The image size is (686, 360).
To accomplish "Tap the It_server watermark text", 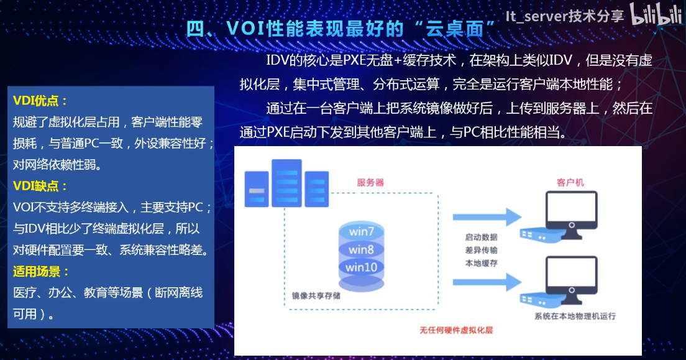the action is coord(564,16).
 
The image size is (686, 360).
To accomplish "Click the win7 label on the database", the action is coord(362,231).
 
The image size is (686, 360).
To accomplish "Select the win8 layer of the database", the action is coord(362,249).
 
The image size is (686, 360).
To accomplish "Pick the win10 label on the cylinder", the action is coord(362,267).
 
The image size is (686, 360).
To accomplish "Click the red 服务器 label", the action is coord(370,182).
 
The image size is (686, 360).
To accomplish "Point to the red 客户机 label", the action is coord(570,182).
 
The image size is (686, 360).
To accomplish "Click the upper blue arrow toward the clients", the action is coord(487,217).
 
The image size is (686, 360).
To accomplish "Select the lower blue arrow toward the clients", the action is coord(487,282).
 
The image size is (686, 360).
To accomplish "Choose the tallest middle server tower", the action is coord(286,183).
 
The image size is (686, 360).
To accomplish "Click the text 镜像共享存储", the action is coord(316,295).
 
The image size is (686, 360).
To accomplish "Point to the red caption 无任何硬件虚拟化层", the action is coord(456,330).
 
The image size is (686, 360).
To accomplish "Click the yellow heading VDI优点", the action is coord(40,101).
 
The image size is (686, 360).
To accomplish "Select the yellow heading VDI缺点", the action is coord(40,186).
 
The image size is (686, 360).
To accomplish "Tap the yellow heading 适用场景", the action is coord(40,272).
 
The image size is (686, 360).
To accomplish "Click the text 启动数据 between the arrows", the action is coord(481,237).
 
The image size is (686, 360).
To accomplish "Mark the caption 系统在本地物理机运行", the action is coord(575,316).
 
